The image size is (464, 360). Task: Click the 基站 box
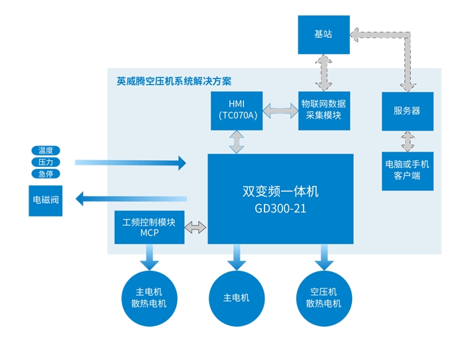[x=323, y=35]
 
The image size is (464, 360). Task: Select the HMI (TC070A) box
[x=237, y=111]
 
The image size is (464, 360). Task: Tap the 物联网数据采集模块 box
[x=324, y=111]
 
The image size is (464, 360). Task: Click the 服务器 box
[x=408, y=111]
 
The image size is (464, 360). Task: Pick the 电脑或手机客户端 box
[x=408, y=171]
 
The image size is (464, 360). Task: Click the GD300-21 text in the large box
[x=280, y=209]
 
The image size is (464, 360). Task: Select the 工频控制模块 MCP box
[x=149, y=228]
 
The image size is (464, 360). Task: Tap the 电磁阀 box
[x=46, y=201]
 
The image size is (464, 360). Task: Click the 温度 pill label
[x=46, y=150]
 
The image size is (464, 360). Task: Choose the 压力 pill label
[x=46, y=162]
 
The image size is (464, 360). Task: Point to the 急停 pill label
[x=46, y=173]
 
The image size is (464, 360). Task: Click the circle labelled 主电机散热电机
[x=149, y=298]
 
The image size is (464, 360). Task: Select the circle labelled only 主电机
[x=237, y=298]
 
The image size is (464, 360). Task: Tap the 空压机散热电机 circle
[x=324, y=298]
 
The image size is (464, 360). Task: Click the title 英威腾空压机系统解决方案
[x=174, y=81]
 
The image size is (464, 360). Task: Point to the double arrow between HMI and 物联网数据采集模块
[x=280, y=111]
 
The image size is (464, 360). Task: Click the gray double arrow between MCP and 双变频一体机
[x=196, y=228]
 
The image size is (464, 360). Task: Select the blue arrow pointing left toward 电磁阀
[x=131, y=199]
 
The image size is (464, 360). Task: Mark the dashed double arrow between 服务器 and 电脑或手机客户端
[x=408, y=142]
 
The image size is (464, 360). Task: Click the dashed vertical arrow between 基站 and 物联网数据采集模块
[x=323, y=73]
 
